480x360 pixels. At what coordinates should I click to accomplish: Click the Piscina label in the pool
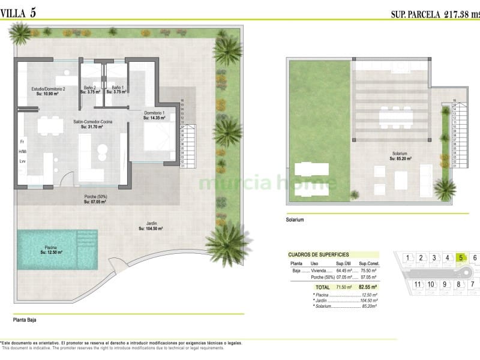click(x=52, y=250)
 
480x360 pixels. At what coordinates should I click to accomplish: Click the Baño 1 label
click(x=117, y=89)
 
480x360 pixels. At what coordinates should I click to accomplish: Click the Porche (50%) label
click(x=95, y=199)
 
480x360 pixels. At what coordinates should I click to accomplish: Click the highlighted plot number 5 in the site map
click(x=460, y=259)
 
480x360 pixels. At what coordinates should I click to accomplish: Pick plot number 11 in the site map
click(x=418, y=284)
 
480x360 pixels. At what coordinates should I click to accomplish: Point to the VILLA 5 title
click(x=22, y=13)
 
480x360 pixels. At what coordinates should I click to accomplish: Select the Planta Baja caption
click(x=25, y=320)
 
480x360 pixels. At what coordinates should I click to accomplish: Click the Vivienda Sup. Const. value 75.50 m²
click(x=368, y=271)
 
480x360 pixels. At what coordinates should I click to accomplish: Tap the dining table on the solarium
click(x=395, y=116)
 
